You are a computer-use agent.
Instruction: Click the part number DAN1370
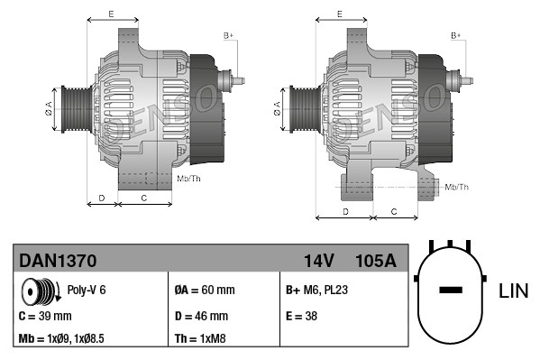(58, 261)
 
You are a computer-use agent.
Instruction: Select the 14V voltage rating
(318, 261)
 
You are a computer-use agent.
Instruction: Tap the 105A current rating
(376, 261)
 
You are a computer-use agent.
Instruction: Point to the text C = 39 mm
(45, 316)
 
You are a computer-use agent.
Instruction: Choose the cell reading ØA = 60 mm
(204, 291)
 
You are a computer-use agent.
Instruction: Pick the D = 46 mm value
(201, 316)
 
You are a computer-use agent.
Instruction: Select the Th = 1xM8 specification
(199, 338)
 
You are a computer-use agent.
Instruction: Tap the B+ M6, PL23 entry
(317, 291)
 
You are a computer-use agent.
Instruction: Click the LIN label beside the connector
(513, 291)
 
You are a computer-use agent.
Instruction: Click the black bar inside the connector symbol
(451, 291)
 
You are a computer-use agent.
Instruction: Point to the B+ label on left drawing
(229, 35)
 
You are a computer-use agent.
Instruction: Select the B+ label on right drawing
(456, 35)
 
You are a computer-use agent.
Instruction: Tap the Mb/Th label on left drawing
(189, 179)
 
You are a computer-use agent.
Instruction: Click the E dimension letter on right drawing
(339, 14)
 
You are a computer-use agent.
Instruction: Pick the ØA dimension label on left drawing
(49, 108)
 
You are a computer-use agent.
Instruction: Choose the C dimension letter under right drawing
(394, 211)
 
